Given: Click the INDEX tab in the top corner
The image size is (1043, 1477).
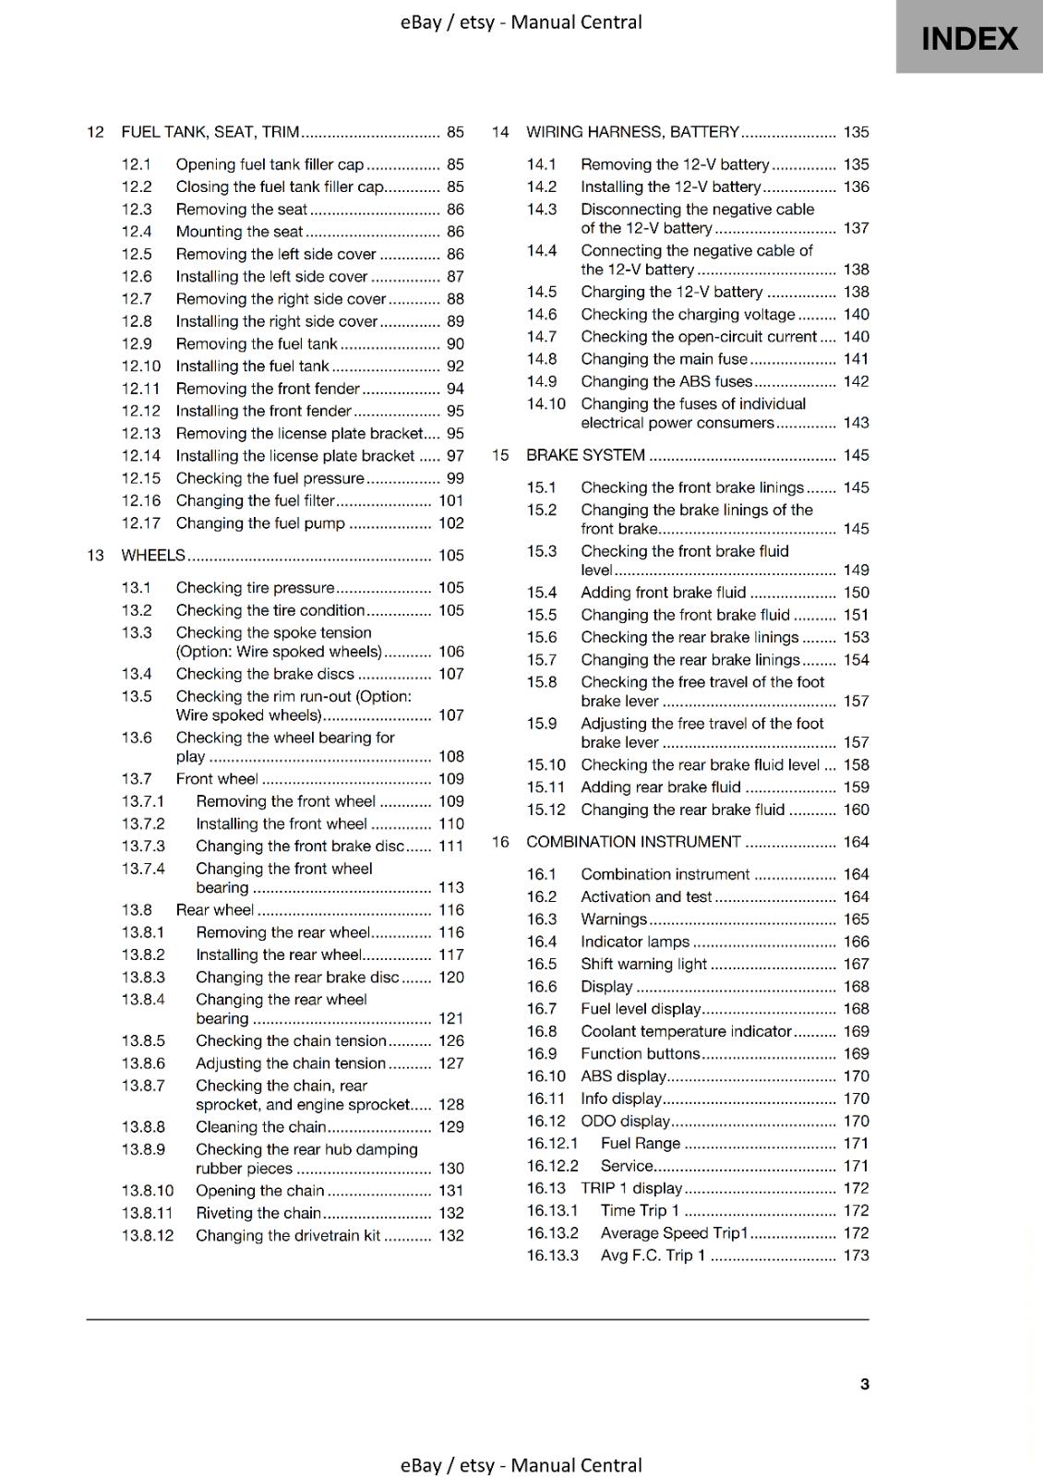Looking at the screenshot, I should tap(968, 38).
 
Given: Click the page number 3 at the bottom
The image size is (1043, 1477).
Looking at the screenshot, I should tap(864, 1384).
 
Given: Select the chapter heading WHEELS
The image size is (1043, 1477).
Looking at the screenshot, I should tap(153, 555).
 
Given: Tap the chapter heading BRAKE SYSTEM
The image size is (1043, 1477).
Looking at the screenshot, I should tap(585, 455).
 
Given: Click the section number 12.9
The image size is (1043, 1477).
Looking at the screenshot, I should tap(137, 343).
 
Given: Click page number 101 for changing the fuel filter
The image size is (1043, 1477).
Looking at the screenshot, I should tap(450, 500).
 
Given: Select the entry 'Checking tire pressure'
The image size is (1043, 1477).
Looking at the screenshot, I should tap(255, 588).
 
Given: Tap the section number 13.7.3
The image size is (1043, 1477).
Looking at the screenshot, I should tap(143, 847).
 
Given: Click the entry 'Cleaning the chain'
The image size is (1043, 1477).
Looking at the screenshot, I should tap(260, 1127).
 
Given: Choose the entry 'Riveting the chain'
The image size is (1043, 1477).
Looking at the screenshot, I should tap(258, 1213).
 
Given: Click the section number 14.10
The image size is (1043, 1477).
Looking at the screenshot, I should tap(545, 404).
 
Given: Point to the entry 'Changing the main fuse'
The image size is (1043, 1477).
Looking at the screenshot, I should tap(664, 359).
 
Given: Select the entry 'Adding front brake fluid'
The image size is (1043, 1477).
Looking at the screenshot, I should tap(663, 593).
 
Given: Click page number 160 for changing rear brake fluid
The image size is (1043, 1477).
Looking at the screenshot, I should tap(856, 810).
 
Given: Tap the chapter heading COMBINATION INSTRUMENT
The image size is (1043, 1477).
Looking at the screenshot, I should tap(633, 842).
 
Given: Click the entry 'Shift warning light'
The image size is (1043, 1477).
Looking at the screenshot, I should tap(643, 964).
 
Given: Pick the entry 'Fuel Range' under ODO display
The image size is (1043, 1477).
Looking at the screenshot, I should tap(640, 1144).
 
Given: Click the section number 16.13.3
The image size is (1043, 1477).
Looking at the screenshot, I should tap(552, 1255).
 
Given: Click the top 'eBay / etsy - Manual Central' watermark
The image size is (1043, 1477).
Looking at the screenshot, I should tap(521, 22).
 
